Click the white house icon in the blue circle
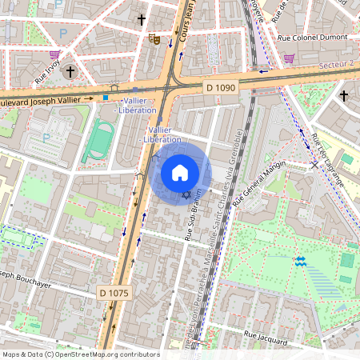(x=180, y=173)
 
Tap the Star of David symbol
(x=187, y=195)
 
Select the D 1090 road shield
(x=221, y=86)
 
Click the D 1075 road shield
(x=113, y=293)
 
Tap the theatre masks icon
(x=154, y=38)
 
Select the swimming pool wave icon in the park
(x=301, y=261)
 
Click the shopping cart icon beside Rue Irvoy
(x=54, y=55)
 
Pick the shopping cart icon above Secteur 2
(x=288, y=58)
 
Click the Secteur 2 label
(x=336, y=64)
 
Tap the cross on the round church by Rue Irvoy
(x=70, y=72)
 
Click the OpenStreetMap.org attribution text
(x=80, y=354)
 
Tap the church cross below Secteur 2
(x=344, y=95)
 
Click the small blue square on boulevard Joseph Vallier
(x=105, y=98)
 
